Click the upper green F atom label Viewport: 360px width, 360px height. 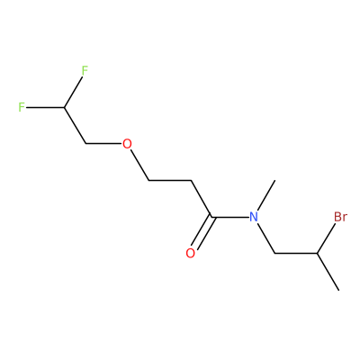(85, 70)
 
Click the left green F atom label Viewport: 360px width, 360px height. (22, 107)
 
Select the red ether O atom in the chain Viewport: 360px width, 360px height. (127, 144)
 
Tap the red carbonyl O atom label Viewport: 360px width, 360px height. (191, 253)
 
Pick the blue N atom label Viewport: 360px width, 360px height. (254, 217)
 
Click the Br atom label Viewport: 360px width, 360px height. (340, 217)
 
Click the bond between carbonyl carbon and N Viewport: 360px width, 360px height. (230, 217)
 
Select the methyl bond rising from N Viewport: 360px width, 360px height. (266, 195)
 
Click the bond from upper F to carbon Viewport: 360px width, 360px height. (73, 92)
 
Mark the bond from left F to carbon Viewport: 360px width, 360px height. (45, 107)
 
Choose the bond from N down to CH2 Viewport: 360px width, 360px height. (266, 238)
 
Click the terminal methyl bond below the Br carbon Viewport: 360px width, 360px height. (328, 272)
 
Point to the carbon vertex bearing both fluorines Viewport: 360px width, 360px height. (64, 107)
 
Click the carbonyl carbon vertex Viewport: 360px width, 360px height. (211, 217)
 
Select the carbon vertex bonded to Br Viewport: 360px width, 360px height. (317, 254)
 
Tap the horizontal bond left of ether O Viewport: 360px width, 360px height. (103, 144)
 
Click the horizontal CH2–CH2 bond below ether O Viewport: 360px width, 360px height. (170, 180)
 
